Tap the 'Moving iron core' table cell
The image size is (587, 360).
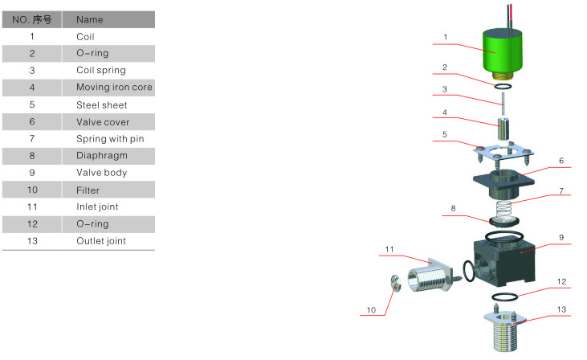point(114,88)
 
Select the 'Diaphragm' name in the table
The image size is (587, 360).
point(102,155)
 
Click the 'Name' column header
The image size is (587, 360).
point(89,19)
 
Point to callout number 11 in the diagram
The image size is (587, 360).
point(389,249)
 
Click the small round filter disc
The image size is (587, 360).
point(396,283)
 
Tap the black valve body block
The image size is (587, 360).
point(504,262)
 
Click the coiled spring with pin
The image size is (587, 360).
point(503,208)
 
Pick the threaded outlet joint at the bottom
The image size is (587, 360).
point(504,330)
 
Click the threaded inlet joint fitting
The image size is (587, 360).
point(434,276)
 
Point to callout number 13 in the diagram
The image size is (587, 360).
point(561,309)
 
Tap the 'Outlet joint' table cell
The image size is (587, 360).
point(101,241)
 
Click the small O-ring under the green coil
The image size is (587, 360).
point(503,87)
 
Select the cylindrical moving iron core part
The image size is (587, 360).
point(503,128)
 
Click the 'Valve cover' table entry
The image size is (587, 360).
point(103,122)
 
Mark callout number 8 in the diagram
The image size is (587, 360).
point(453,208)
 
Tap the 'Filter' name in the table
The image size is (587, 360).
point(88,190)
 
